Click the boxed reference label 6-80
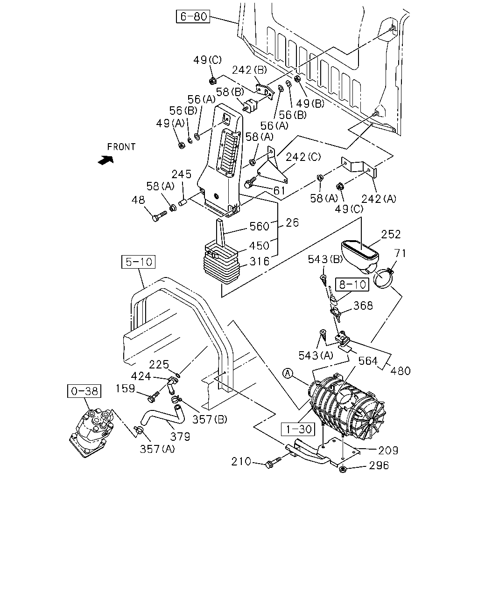[x=193, y=16]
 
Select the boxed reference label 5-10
[x=138, y=262]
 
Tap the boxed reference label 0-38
[x=84, y=391]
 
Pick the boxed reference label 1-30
[x=298, y=430]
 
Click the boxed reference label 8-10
[x=352, y=285]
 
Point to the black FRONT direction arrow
[x=106, y=160]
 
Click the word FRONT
[x=121, y=147]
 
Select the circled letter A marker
[x=288, y=374]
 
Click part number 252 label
[x=391, y=235]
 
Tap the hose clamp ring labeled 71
[x=384, y=278]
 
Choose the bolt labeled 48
[x=160, y=216]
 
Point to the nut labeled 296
[x=343, y=469]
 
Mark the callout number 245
[x=182, y=174]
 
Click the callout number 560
[x=260, y=226]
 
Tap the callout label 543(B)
[x=325, y=259]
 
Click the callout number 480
[x=400, y=371]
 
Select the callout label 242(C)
[x=303, y=157]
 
